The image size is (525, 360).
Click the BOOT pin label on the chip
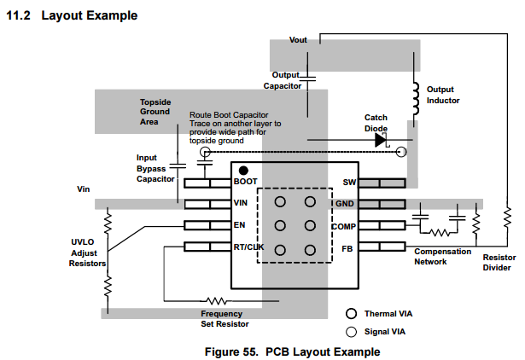(x=245, y=183)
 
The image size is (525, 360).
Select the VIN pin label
(x=241, y=204)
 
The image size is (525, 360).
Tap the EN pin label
(x=239, y=226)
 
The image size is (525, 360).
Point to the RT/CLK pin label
(x=248, y=248)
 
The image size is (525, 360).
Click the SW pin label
(x=348, y=183)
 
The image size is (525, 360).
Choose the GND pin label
(x=345, y=205)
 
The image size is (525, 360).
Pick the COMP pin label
(x=343, y=227)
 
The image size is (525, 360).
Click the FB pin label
(x=348, y=248)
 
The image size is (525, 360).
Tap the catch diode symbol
(x=382, y=141)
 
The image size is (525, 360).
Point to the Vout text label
(x=298, y=40)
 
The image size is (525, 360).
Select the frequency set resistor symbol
(x=215, y=300)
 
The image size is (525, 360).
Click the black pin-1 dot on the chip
(x=243, y=170)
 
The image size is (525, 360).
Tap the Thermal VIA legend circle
(x=351, y=314)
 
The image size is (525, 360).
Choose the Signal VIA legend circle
(x=351, y=332)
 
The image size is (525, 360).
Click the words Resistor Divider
(x=499, y=262)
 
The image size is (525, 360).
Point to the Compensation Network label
(x=441, y=257)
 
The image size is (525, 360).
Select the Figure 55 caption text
(x=292, y=351)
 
